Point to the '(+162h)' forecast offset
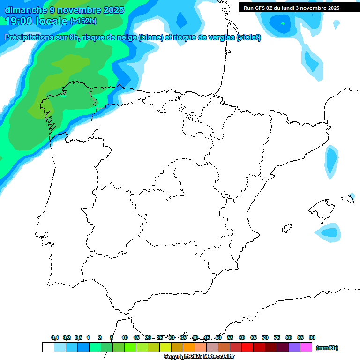click(x=83, y=21)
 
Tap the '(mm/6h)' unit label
click(x=327, y=348)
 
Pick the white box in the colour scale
click(x=48, y=347)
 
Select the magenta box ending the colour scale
click(x=306, y=347)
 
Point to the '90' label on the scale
click(x=312, y=337)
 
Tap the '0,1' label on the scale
click(x=55, y=337)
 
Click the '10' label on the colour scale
click(x=125, y=337)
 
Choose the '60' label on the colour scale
click(x=242, y=337)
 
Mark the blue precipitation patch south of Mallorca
click(x=329, y=232)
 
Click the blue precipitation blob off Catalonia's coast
click(x=331, y=162)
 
